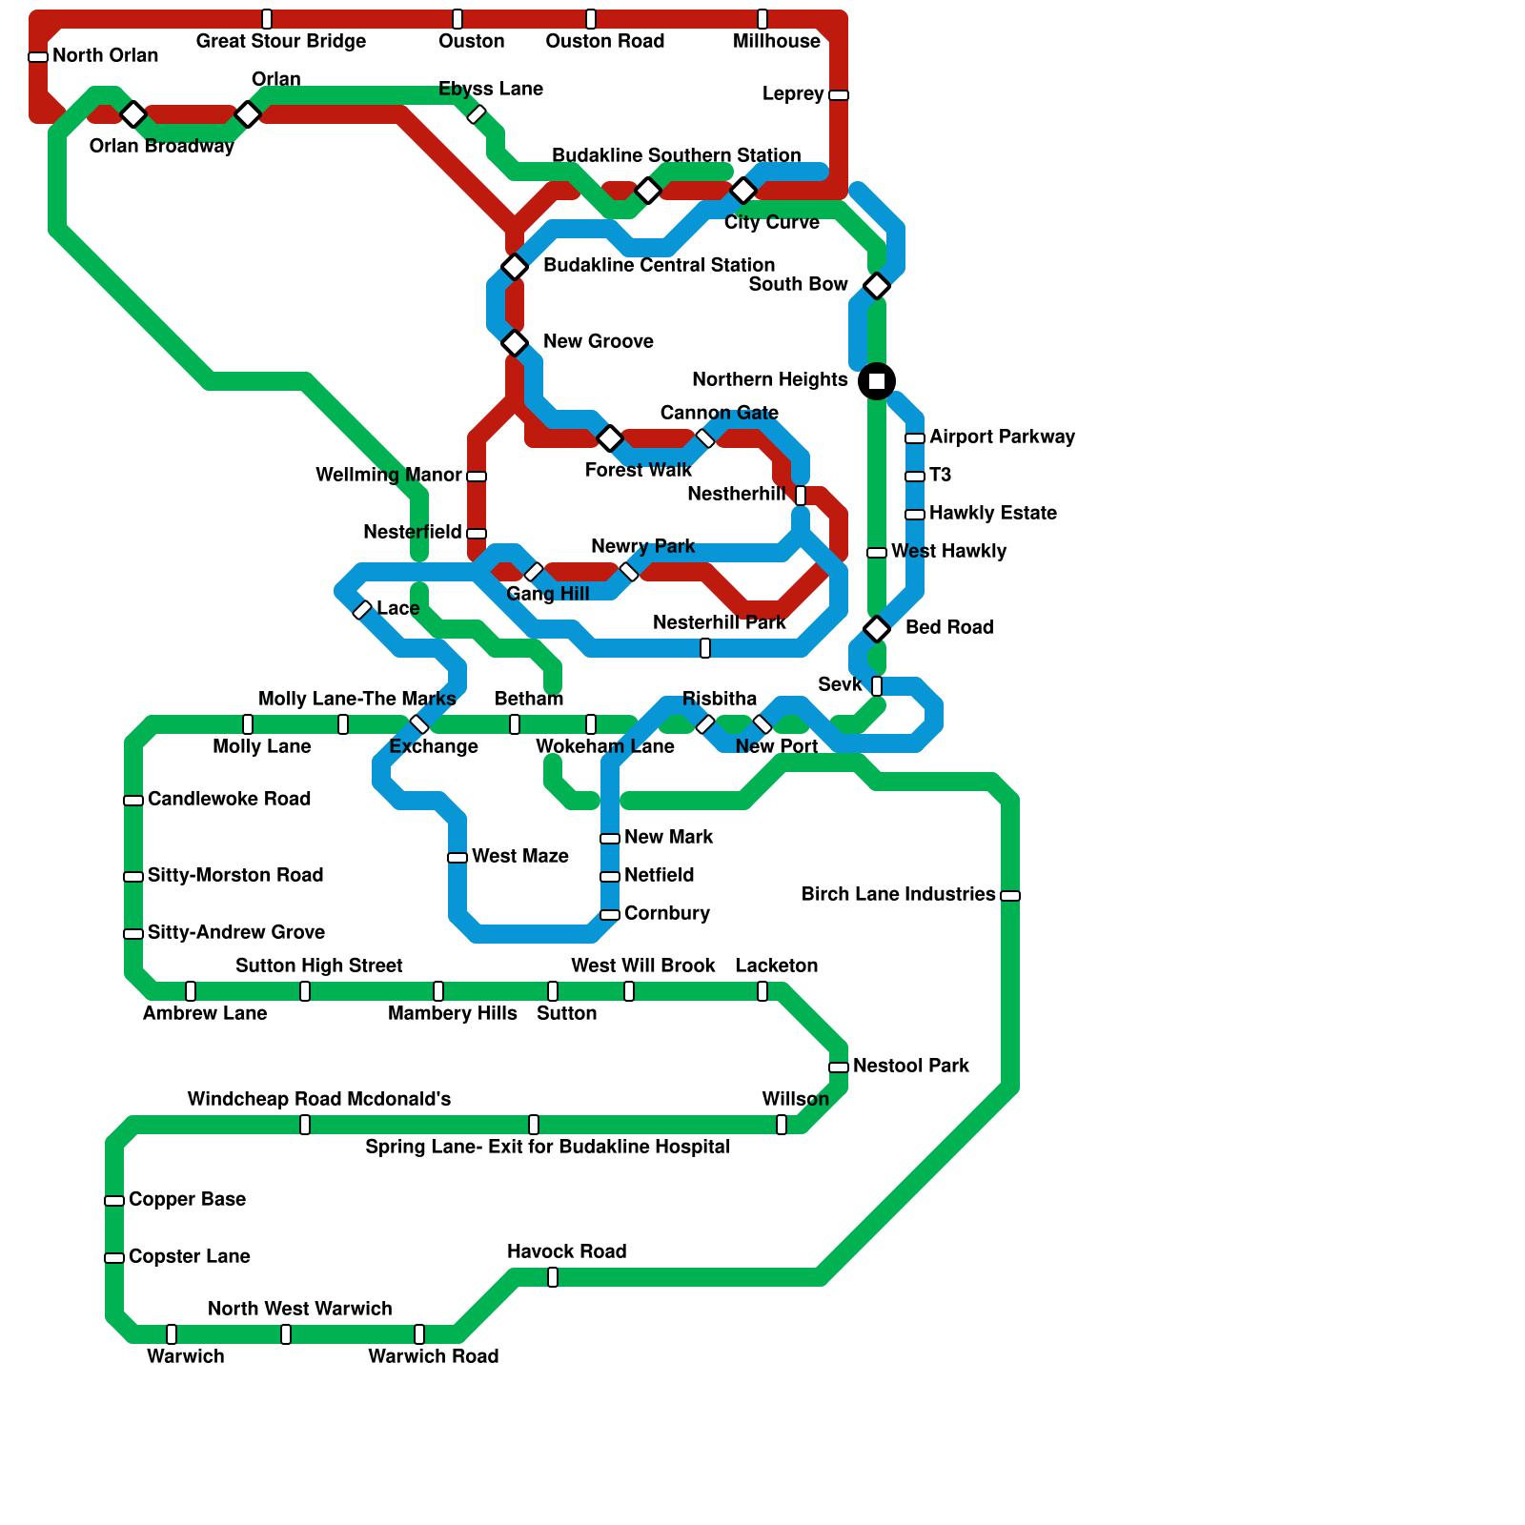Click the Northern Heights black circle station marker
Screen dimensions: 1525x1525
[x=877, y=381]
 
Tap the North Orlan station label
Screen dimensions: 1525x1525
[x=105, y=56]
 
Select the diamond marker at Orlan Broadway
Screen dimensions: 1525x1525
[x=133, y=114]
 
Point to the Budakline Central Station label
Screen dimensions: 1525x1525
[x=659, y=265]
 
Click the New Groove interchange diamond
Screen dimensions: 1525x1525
[x=515, y=343]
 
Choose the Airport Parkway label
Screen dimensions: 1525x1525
[x=1002, y=437]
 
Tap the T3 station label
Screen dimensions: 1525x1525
[x=940, y=475]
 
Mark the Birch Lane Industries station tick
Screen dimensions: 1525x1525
[x=1010, y=896]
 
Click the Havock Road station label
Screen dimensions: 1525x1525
[x=566, y=1251]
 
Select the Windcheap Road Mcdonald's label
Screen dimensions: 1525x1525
[x=318, y=1099]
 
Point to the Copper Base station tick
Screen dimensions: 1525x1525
[x=114, y=1201]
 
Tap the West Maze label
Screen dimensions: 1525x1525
[x=519, y=856]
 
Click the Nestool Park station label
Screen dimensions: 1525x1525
[x=910, y=1066]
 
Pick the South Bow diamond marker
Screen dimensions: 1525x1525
[x=877, y=286]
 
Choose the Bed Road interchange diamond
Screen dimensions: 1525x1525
[x=877, y=629]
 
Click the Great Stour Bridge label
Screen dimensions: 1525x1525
[x=280, y=41]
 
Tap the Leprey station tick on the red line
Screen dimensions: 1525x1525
[x=839, y=95]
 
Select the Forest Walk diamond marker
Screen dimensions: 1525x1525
[x=610, y=438]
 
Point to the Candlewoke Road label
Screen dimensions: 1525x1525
[x=229, y=799]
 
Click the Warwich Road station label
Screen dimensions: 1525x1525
[x=433, y=1356]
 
